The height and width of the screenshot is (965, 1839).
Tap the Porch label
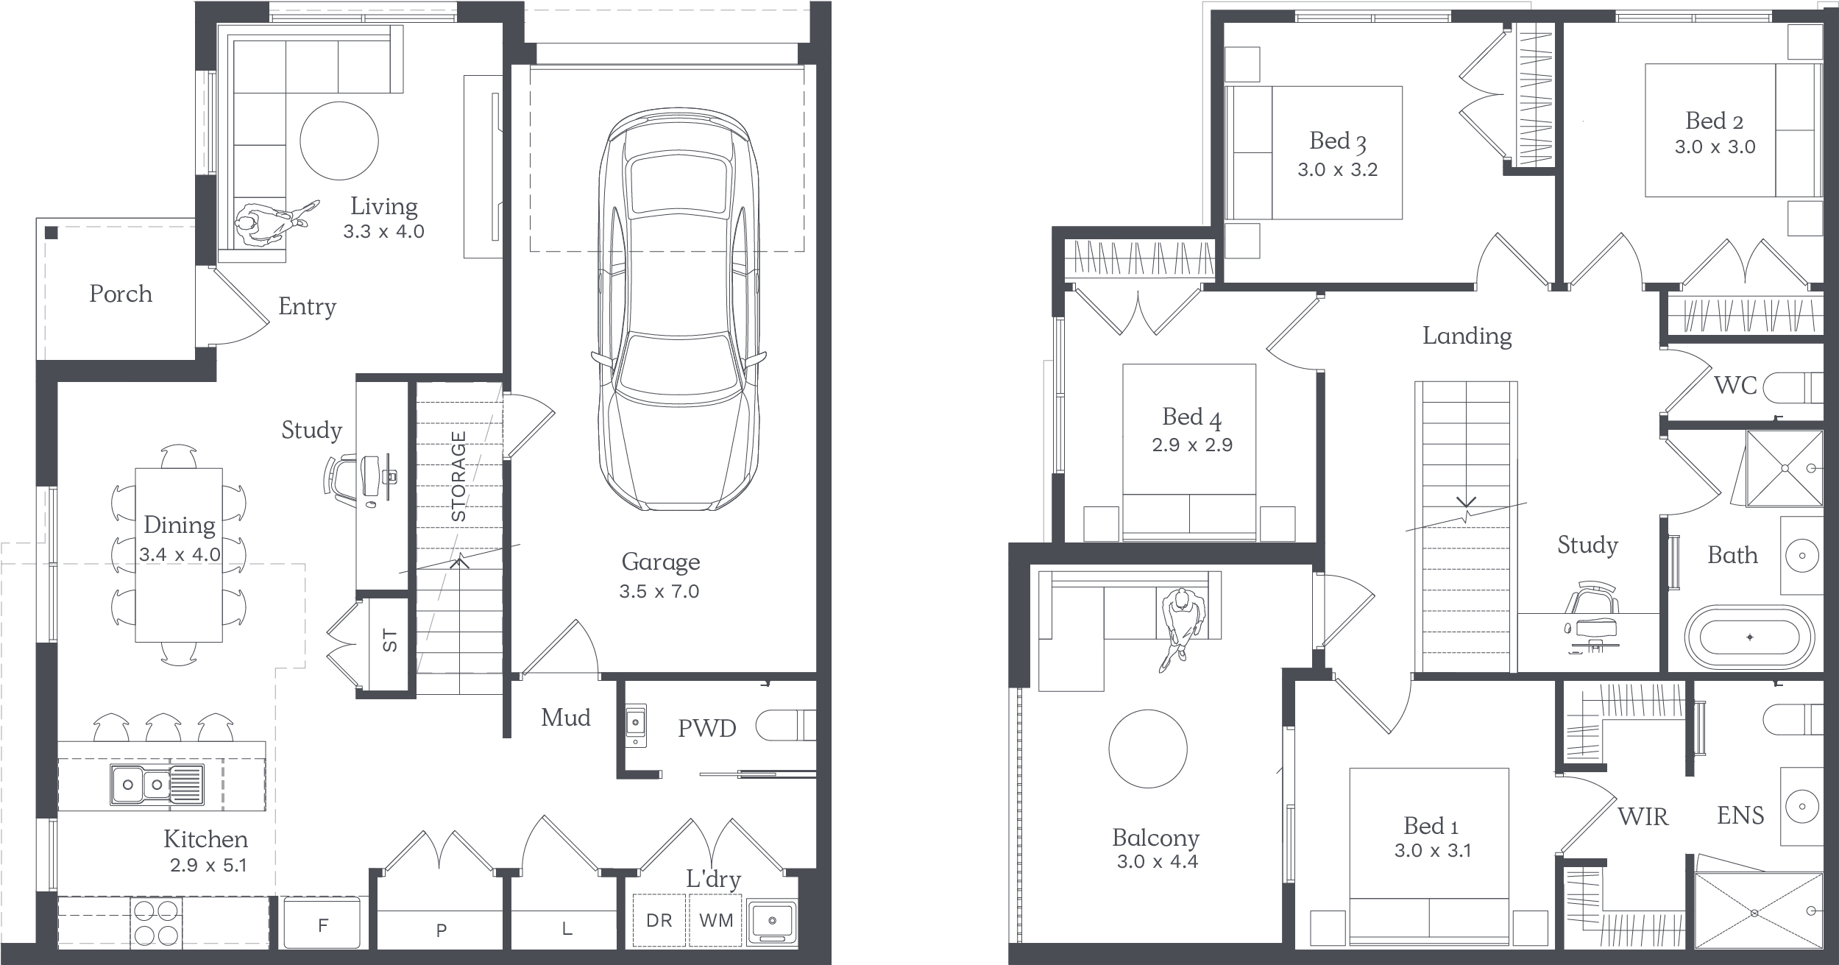tap(121, 294)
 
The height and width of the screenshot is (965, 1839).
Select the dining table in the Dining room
tap(179, 555)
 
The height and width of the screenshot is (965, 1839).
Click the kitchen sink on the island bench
tap(157, 783)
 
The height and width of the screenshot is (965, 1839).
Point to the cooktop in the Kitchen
tap(157, 921)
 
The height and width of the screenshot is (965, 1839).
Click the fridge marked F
tap(322, 922)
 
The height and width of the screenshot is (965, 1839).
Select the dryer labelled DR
tap(659, 920)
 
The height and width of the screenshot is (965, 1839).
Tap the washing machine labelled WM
tap(716, 920)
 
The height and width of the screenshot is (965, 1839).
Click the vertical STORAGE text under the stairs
tap(458, 476)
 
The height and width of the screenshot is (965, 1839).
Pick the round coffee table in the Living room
tap(339, 141)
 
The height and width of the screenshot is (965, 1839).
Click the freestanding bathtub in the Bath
tap(1750, 637)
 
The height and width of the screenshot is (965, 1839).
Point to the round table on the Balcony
tap(1147, 749)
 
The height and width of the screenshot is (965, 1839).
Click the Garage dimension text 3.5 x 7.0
tap(659, 591)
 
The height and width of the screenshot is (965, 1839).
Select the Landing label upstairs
tap(1467, 336)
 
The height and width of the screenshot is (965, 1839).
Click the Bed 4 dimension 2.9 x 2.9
tap(1192, 445)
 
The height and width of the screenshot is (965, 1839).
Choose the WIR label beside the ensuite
tap(1643, 816)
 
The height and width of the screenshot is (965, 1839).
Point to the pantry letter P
tap(442, 930)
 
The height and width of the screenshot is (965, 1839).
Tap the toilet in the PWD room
tap(786, 725)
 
